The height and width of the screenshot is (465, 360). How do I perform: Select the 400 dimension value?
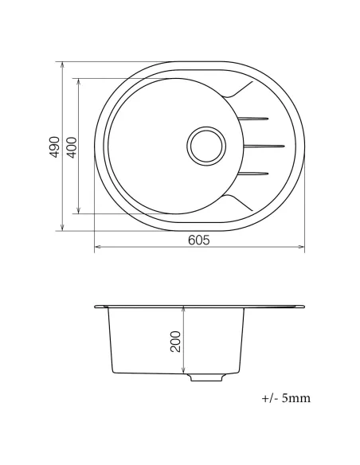click(x=72, y=146)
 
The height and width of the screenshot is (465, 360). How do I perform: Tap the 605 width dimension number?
click(x=199, y=240)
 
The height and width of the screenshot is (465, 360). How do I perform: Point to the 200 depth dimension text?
click(x=176, y=342)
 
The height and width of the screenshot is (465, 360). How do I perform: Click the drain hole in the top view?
click(x=207, y=146)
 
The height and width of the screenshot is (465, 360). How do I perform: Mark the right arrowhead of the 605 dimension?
click(x=303, y=248)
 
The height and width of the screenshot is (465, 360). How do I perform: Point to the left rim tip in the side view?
click(x=96, y=307)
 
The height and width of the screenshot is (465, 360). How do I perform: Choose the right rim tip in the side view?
click(x=305, y=305)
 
